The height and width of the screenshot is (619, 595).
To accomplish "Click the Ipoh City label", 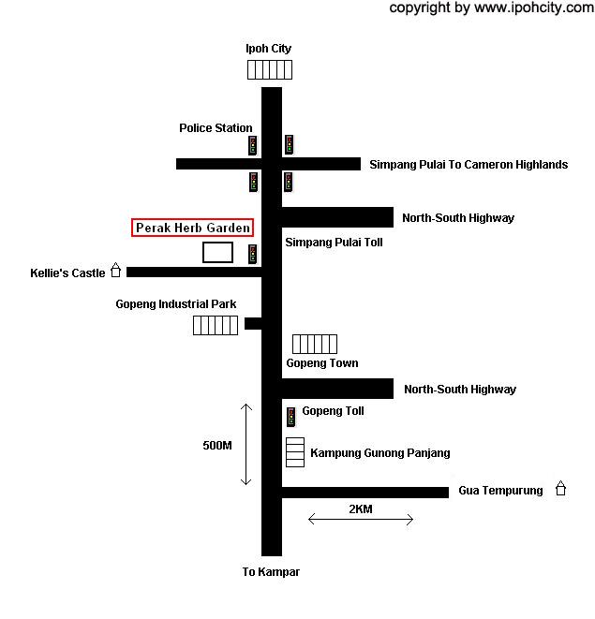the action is pyautogui.click(x=268, y=49).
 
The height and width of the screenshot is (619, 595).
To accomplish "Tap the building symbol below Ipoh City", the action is pyautogui.click(x=270, y=70).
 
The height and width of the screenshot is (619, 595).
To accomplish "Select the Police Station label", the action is pyautogui.click(x=216, y=128).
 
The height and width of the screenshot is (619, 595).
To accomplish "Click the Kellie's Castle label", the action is pyautogui.click(x=67, y=273).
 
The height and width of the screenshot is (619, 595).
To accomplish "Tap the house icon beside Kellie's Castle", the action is pyautogui.click(x=116, y=270).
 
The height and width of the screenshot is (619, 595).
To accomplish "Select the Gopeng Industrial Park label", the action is pyautogui.click(x=176, y=304).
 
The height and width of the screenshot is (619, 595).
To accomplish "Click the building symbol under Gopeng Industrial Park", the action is pyautogui.click(x=216, y=325).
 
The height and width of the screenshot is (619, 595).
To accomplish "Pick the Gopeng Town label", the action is pyautogui.click(x=322, y=363).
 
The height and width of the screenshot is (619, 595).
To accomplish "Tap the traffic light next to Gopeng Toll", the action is pyautogui.click(x=291, y=417).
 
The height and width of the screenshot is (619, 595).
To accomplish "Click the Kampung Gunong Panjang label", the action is pyautogui.click(x=380, y=453).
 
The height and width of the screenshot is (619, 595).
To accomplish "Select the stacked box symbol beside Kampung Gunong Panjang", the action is pyautogui.click(x=295, y=452).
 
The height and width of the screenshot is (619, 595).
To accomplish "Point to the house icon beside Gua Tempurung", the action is pyautogui.click(x=560, y=488).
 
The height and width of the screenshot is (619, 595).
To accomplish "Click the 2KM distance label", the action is pyautogui.click(x=361, y=508).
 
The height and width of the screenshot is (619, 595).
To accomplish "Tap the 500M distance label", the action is pyautogui.click(x=217, y=446).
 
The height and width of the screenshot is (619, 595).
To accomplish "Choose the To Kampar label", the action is pyautogui.click(x=271, y=571).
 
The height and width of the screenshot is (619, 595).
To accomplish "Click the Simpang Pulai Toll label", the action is pyautogui.click(x=334, y=242).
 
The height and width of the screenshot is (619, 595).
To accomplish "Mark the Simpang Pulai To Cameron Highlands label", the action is pyautogui.click(x=469, y=164).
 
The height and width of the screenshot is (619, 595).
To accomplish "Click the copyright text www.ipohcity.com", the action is pyautogui.click(x=534, y=7).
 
